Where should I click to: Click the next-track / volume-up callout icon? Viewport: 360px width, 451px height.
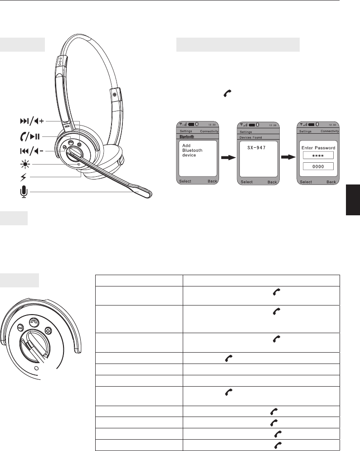coord(32,121)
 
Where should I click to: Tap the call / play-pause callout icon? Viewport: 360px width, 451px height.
coord(30,136)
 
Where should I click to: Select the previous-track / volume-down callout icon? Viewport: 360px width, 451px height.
coord(32,151)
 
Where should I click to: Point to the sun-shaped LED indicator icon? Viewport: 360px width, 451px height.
coord(25,165)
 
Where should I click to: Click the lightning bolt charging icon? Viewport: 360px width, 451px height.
coord(23,178)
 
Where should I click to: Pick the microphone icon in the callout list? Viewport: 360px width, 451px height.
coord(24,192)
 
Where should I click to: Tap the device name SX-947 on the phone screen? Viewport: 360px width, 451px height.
coord(257,148)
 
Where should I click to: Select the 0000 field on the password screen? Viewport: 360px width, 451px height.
coord(318,166)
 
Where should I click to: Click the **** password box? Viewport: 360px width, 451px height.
coord(318,155)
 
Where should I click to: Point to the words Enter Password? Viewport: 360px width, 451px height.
coord(318,148)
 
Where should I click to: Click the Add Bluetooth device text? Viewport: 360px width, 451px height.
coord(192,150)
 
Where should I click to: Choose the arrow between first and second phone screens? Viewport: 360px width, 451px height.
coord(228,157)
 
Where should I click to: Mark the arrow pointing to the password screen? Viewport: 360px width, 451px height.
coord(288,157)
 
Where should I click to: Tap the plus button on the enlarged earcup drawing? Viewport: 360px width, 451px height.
coord(48,331)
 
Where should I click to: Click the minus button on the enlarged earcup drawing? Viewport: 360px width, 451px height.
coord(20,327)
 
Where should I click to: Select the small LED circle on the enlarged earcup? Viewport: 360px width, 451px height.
coord(37,368)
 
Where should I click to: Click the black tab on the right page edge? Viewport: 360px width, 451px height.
coord(353,200)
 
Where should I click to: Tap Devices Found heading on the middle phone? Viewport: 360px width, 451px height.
coord(251,137)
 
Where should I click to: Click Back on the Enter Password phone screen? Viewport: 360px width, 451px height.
coord(331,182)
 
